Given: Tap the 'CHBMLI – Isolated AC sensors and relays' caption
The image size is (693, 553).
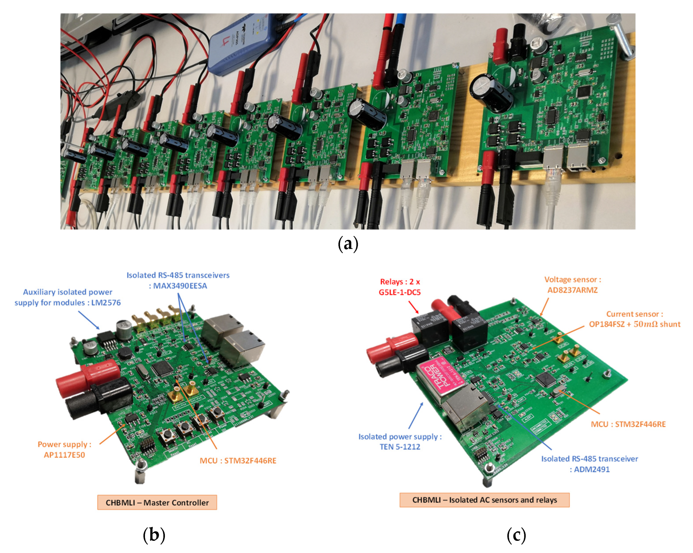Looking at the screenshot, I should click(x=484, y=500).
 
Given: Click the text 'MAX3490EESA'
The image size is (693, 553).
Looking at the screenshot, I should click(x=180, y=286).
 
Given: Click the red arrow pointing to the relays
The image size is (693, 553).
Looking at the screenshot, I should click(x=414, y=307).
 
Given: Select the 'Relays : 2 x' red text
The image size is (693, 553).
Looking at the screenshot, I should click(x=400, y=282).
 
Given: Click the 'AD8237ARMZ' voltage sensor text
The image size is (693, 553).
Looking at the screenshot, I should click(x=572, y=290).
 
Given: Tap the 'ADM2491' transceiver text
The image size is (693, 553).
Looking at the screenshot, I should click(x=592, y=469).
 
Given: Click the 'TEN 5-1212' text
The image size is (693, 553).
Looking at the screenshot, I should click(x=400, y=446).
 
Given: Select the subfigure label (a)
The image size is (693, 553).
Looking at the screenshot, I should click(x=348, y=244).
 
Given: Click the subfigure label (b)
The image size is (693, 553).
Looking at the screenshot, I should click(x=154, y=535).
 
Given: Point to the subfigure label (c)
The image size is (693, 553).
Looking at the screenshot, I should click(x=516, y=535).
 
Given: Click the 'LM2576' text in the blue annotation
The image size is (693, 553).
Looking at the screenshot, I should click(x=106, y=303).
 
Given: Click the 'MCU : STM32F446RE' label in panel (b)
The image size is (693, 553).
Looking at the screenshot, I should click(x=238, y=460).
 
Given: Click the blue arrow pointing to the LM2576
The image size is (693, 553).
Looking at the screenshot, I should click(x=89, y=320).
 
